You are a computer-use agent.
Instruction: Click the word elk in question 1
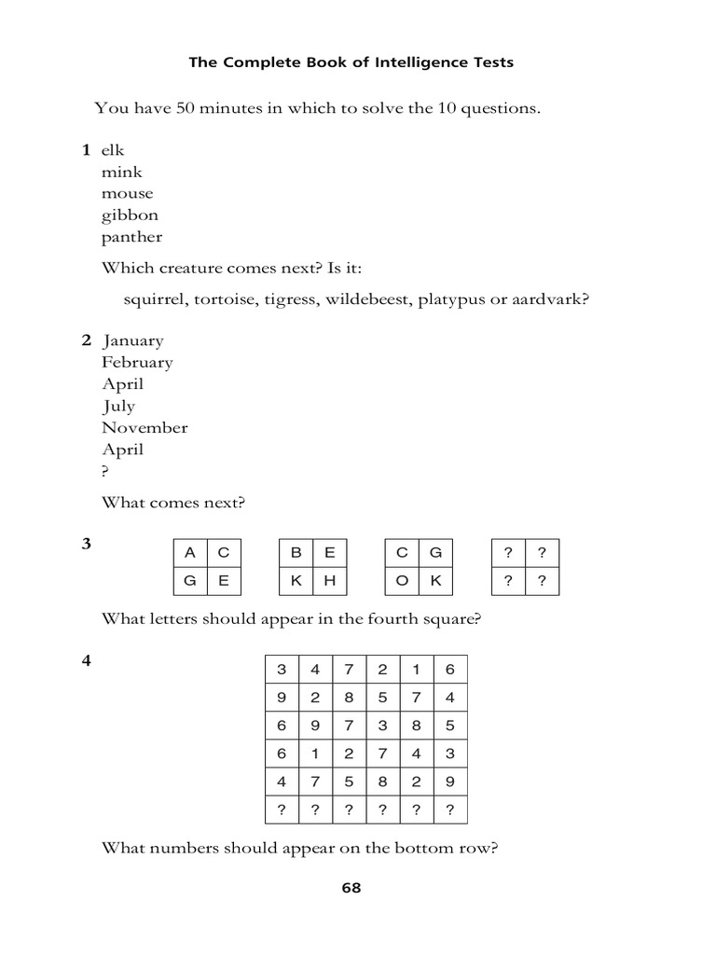click(113, 150)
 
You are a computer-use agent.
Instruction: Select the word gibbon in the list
click(131, 215)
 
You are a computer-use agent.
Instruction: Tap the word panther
click(132, 237)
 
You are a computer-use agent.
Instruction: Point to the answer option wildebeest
click(369, 299)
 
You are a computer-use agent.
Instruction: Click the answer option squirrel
click(155, 299)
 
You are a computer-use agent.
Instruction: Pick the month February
click(138, 362)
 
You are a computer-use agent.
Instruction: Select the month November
click(145, 427)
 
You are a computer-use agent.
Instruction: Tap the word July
click(118, 406)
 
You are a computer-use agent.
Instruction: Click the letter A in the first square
click(190, 552)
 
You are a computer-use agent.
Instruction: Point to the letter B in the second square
click(296, 552)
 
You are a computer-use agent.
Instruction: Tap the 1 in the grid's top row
click(417, 669)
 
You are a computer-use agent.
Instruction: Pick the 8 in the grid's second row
click(350, 697)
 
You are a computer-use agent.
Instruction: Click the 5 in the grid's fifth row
click(350, 782)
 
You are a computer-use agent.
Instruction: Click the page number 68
click(351, 888)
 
